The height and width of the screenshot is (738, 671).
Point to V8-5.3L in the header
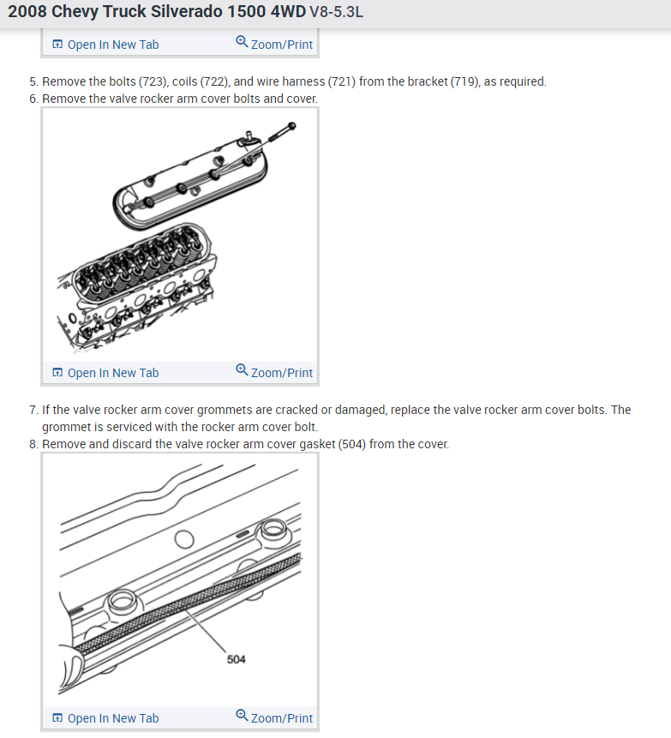pos(337,12)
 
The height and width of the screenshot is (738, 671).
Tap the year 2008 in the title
pos(27,11)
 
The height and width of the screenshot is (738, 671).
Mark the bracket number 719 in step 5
pos(464,81)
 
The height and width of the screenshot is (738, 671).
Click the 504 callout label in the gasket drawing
pos(237,659)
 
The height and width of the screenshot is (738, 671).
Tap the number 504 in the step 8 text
pos(352,444)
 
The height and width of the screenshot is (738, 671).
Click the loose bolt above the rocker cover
pos(282,132)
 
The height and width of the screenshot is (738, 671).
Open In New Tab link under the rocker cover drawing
pos(105,373)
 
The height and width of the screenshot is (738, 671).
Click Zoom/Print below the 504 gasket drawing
pos(274,717)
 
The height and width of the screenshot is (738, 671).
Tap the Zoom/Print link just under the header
pos(274,44)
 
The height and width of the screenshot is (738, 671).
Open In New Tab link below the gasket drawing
pos(105,718)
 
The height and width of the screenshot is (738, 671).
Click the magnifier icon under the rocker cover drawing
pos(242,370)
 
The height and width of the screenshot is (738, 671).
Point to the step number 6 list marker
pos(33,99)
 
